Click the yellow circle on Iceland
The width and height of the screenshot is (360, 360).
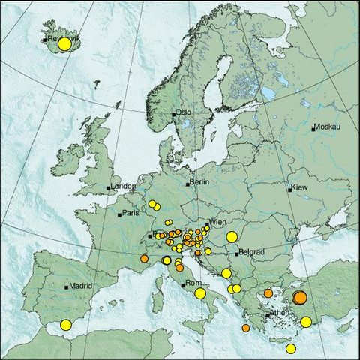pyautogui.click(x=64, y=44)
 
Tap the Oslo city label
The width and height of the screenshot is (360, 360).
pyautogui.click(x=184, y=112)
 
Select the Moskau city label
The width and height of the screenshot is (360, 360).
pyautogui.click(x=328, y=127)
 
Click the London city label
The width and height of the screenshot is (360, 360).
pyautogui.click(x=121, y=186)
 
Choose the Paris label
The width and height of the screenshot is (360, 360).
pyautogui.click(x=131, y=214)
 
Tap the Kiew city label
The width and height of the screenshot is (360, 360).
pyautogui.click(x=300, y=187)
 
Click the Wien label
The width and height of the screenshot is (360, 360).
pyautogui.click(x=218, y=223)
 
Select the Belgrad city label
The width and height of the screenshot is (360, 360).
pyautogui.click(x=250, y=253)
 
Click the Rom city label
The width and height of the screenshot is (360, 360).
pyautogui.click(x=193, y=283)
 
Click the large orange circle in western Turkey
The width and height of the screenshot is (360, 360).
pyautogui.click(x=300, y=298)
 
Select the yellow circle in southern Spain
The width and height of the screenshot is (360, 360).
pyautogui.click(x=66, y=325)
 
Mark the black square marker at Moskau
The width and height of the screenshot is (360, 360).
pyautogui.click(x=314, y=128)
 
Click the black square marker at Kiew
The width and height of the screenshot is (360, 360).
pyautogui.click(x=289, y=190)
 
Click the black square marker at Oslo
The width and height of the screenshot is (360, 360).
pyautogui.click(x=173, y=114)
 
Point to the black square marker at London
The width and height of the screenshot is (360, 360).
pyautogui.click(x=109, y=187)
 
